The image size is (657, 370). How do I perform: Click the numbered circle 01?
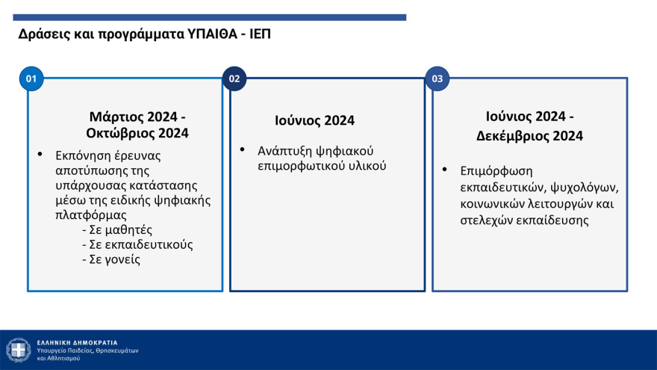coord(31,78)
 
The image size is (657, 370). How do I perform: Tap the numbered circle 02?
coord(234,78)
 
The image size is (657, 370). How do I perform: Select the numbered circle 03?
coord(437,78)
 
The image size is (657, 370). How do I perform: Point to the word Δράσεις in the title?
coord(42,35)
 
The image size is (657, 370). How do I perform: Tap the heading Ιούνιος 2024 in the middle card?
coord(314,120)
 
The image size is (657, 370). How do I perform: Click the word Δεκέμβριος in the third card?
coord(512,136)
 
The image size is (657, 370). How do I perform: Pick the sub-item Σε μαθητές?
coord(120,229)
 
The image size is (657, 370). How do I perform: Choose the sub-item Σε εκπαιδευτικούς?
coord(137,244)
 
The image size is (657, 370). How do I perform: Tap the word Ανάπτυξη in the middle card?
coord(283,151)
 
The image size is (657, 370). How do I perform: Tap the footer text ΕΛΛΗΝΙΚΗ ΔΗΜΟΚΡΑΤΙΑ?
coord(77,342)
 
